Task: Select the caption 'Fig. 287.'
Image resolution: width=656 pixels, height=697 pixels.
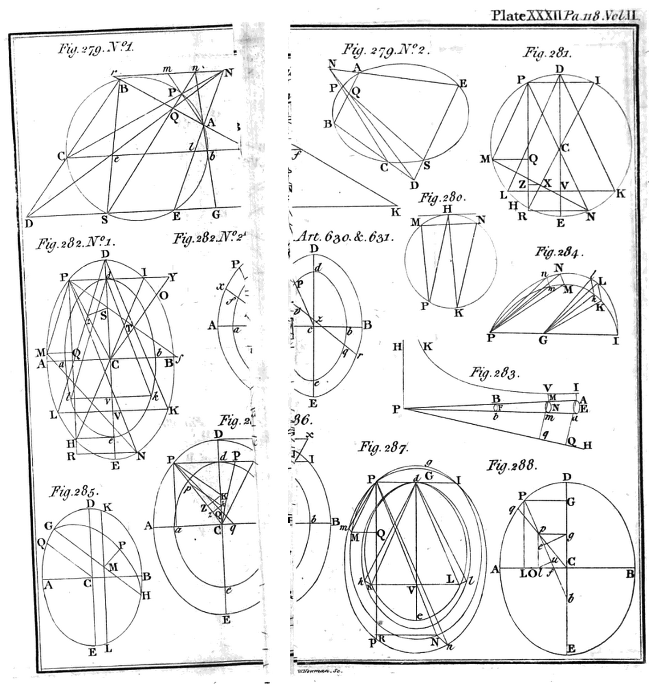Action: pyautogui.click(x=383, y=447)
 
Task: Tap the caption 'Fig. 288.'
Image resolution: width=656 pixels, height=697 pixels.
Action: pyautogui.click(x=512, y=466)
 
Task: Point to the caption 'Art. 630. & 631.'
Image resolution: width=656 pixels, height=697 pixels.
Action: pyautogui.click(x=345, y=237)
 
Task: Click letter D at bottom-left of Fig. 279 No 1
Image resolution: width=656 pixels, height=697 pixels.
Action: pyautogui.click(x=29, y=222)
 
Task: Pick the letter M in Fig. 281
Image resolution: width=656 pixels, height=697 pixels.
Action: pyautogui.click(x=485, y=159)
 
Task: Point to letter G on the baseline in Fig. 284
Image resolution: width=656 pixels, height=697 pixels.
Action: pyautogui.click(x=543, y=340)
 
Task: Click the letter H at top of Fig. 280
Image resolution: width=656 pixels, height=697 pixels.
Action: pyautogui.click(x=447, y=208)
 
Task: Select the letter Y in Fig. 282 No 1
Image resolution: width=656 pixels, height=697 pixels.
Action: pyautogui.click(x=173, y=277)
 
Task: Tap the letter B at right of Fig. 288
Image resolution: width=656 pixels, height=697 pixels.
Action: pyautogui.click(x=630, y=573)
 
